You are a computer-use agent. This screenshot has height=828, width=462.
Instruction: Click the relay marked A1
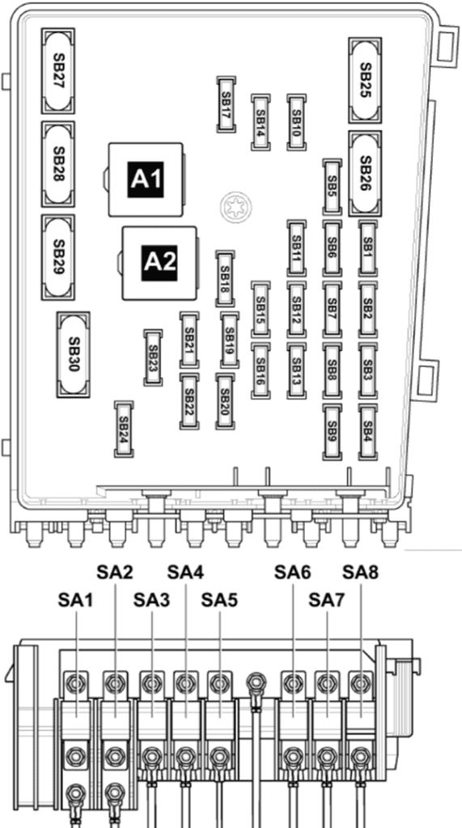[x=146, y=180]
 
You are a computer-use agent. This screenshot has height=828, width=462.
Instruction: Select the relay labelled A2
[x=159, y=263]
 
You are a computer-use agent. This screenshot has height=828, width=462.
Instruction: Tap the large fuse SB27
[x=58, y=71]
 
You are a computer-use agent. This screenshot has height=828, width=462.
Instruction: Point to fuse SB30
[x=73, y=354]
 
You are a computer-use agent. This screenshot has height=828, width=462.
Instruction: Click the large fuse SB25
[x=365, y=80]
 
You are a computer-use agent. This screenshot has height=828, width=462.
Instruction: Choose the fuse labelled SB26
[x=365, y=174]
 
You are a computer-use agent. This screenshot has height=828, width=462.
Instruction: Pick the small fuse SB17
[x=226, y=104]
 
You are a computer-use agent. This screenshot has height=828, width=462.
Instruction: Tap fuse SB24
[x=125, y=429]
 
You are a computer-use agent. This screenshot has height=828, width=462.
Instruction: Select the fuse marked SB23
[x=153, y=357]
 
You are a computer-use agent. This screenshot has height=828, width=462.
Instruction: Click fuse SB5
[x=332, y=187]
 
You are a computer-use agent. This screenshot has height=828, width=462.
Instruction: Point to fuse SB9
[x=332, y=432]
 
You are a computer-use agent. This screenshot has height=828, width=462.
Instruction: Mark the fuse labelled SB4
[x=368, y=432]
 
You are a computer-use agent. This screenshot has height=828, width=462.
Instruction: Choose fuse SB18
[x=225, y=279]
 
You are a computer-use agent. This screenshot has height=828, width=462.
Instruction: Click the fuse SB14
[x=261, y=123]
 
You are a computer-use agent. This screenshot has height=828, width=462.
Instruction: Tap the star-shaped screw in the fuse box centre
[x=234, y=206]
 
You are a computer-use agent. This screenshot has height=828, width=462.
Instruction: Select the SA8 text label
[x=361, y=572]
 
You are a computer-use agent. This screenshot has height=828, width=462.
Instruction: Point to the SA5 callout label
[x=220, y=601]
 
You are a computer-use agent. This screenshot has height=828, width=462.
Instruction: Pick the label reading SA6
[x=293, y=572]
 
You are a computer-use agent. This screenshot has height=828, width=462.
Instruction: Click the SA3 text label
[x=152, y=601]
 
